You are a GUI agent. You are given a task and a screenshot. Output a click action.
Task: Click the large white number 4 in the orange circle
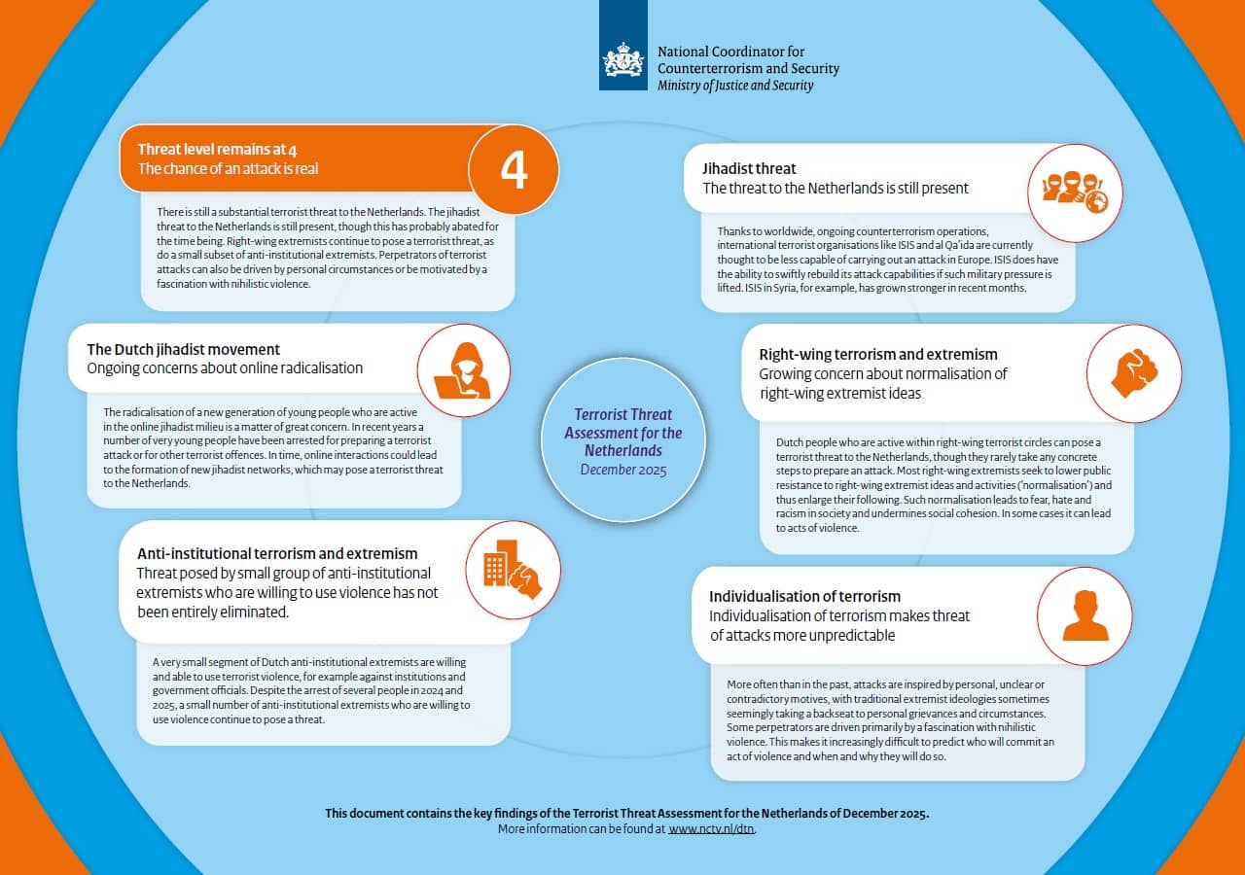(514, 169)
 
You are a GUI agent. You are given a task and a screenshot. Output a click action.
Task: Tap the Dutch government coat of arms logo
(623, 60)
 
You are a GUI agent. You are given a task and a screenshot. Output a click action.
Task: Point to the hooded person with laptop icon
(463, 370)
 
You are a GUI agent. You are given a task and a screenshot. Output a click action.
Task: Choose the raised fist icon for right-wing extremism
(1134, 373)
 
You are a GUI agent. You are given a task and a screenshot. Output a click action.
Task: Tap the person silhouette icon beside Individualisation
(1085, 615)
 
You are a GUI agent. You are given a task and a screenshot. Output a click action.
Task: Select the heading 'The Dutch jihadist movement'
(183, 349)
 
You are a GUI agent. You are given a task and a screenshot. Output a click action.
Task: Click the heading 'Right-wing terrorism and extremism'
(878, 354)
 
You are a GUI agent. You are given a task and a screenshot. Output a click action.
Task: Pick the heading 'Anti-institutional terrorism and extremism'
(277, 553)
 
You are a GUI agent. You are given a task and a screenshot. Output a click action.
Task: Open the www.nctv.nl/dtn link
(711, 829)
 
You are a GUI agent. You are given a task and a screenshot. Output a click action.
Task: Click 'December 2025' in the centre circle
(623, 470)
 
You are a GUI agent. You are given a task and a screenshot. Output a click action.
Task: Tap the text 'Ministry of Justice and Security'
(735, 86)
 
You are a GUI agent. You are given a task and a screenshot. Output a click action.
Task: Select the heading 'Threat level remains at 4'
(217, 149)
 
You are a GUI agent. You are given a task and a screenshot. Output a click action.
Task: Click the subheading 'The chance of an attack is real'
(228, 168)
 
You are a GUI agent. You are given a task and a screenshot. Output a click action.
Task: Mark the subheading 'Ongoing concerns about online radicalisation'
(225, 368)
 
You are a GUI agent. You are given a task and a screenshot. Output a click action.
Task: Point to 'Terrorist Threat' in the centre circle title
(623, 415)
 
